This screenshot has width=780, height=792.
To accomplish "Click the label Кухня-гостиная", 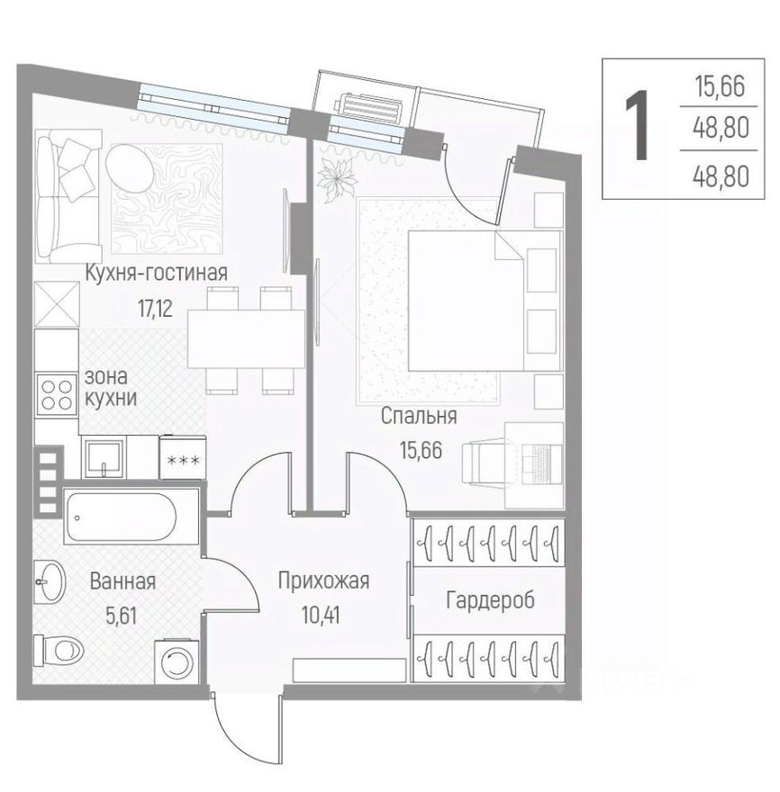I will tap(156, 273).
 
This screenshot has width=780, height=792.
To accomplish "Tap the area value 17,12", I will tap(155, 307).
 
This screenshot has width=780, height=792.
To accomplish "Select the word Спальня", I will tap(419, 416).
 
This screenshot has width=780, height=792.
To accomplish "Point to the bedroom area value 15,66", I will tap(421, 450).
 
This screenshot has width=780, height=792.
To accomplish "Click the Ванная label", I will tap(122, 581).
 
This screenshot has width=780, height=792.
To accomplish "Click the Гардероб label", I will tap(489, 600).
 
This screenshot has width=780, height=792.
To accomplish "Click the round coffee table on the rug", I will tap(132, 165).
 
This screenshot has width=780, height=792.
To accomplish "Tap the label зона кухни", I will tap(110, 387).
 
